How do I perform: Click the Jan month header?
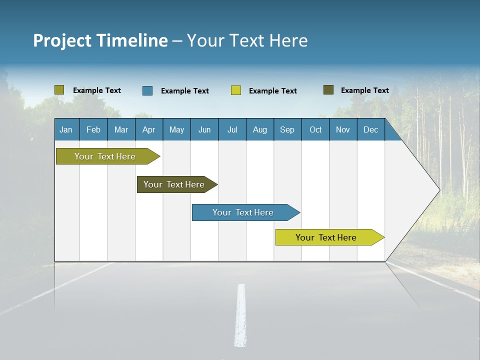pos(66,130)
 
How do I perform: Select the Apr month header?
pos(149,130)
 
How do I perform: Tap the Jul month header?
pos(232,130)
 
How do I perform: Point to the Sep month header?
pos(287,130)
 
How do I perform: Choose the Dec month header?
pos(371,130)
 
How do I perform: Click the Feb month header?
pos(93,130)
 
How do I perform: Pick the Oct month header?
pos(315,130)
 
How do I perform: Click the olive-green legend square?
pos(59,90)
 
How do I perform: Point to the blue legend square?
pos(147,90)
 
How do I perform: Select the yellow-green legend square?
pos(236,90)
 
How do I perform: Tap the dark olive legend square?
pos(328,90)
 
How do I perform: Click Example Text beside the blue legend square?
pos(185,91)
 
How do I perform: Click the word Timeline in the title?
pos(132,40)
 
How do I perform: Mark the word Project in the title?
pos(62,40)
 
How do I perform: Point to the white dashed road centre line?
pos(241,315)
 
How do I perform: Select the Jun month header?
pos(204,130)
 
